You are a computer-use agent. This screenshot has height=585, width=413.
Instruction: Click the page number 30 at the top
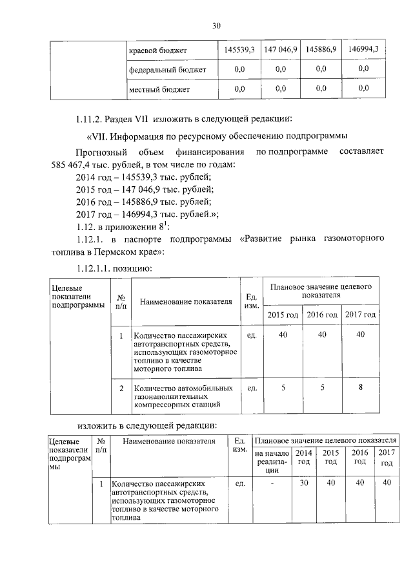[x=216, y=25]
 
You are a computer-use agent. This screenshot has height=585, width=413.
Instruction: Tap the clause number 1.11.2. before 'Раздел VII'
[x=92, y=118]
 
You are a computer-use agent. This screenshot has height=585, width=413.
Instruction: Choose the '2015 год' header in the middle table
[x=283, y=314]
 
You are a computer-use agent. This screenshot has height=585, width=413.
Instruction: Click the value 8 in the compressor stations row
[x=361, y=388]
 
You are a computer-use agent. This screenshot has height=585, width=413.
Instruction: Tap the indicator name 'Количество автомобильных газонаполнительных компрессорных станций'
[x=183, y=396]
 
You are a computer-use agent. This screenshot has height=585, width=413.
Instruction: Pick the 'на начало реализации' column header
[x=272, y=462]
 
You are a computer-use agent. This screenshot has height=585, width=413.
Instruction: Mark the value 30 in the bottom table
[x=304, y=483]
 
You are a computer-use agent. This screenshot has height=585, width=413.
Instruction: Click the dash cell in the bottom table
[x=272, y=483]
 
